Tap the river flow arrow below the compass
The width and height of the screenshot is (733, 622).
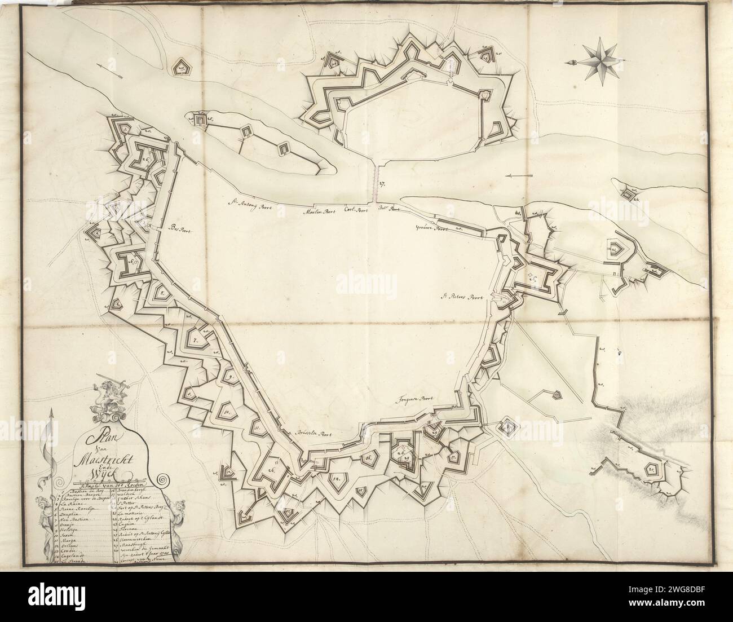coord(518,177)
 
